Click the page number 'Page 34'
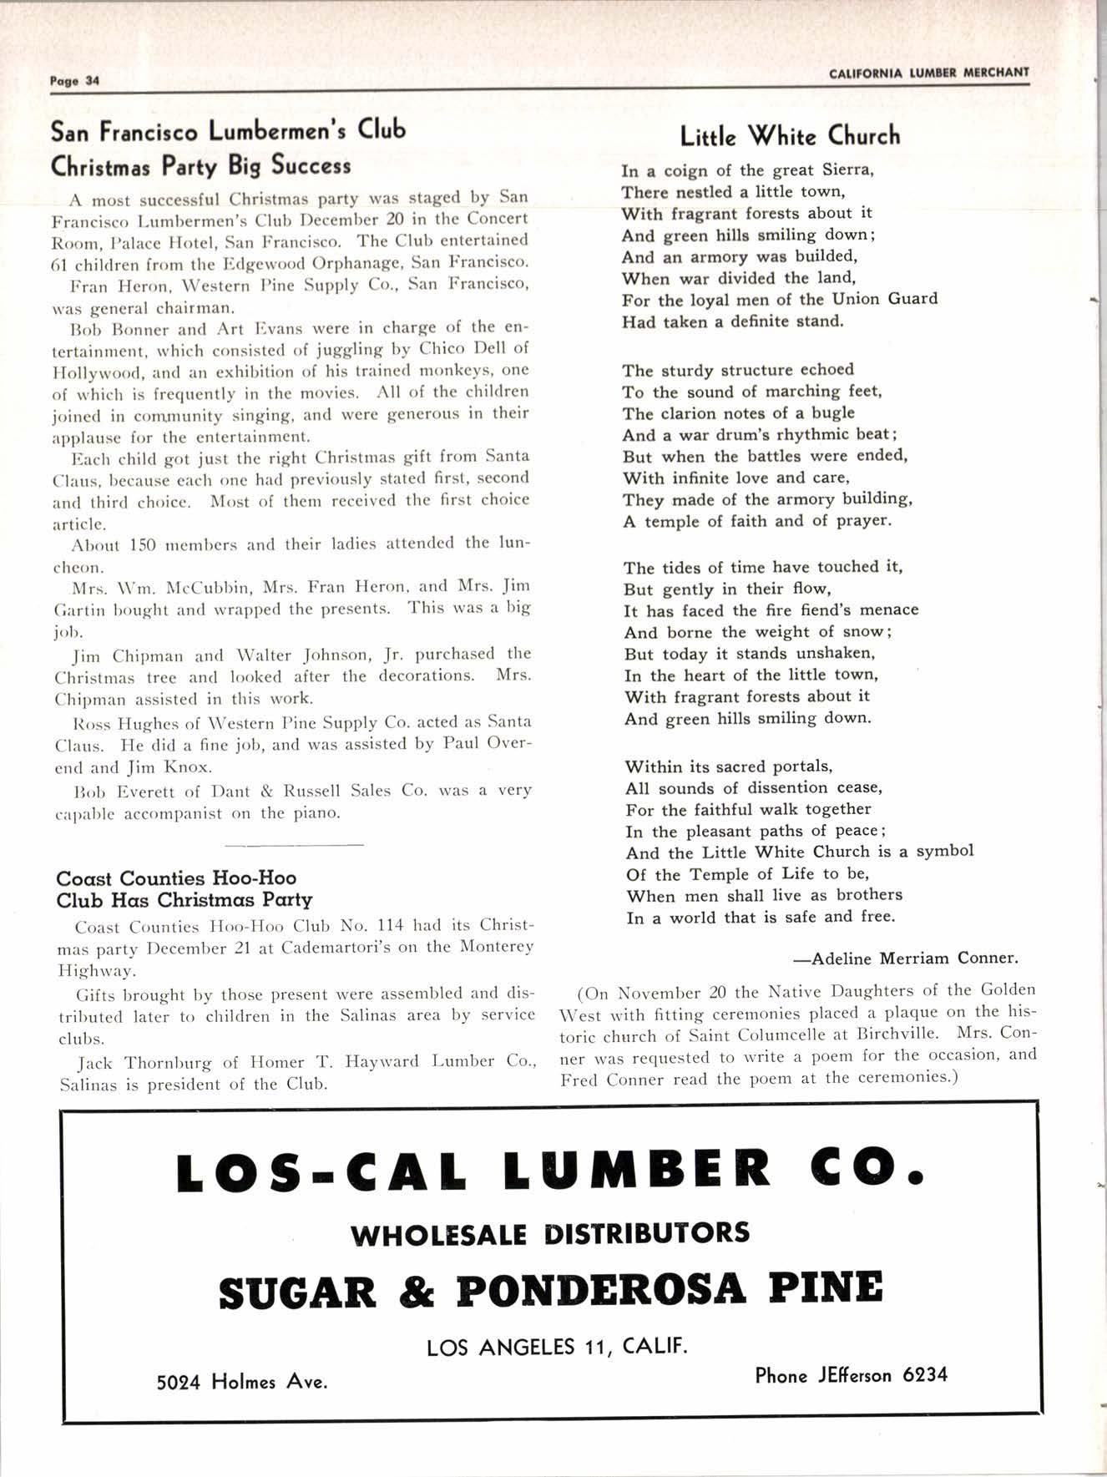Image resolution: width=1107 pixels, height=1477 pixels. coord(74,81)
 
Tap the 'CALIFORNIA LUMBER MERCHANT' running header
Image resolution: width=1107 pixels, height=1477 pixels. coord(929,73)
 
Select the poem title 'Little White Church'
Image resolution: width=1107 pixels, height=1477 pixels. coord(790,135)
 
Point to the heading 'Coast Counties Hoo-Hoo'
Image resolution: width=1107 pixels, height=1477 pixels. coord(176,878)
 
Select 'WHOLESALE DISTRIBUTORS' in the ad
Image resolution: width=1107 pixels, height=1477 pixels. coord(550,1233)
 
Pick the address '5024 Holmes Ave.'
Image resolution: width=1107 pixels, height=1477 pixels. coord(242,1382)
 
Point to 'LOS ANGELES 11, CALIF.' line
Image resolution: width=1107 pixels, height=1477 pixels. coord(558,1347)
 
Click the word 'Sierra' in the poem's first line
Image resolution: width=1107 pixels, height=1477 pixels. coord(847,170)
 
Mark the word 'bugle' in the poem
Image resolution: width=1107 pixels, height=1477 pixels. coord(832,413)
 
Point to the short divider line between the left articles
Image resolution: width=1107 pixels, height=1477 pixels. coord(294,845)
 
